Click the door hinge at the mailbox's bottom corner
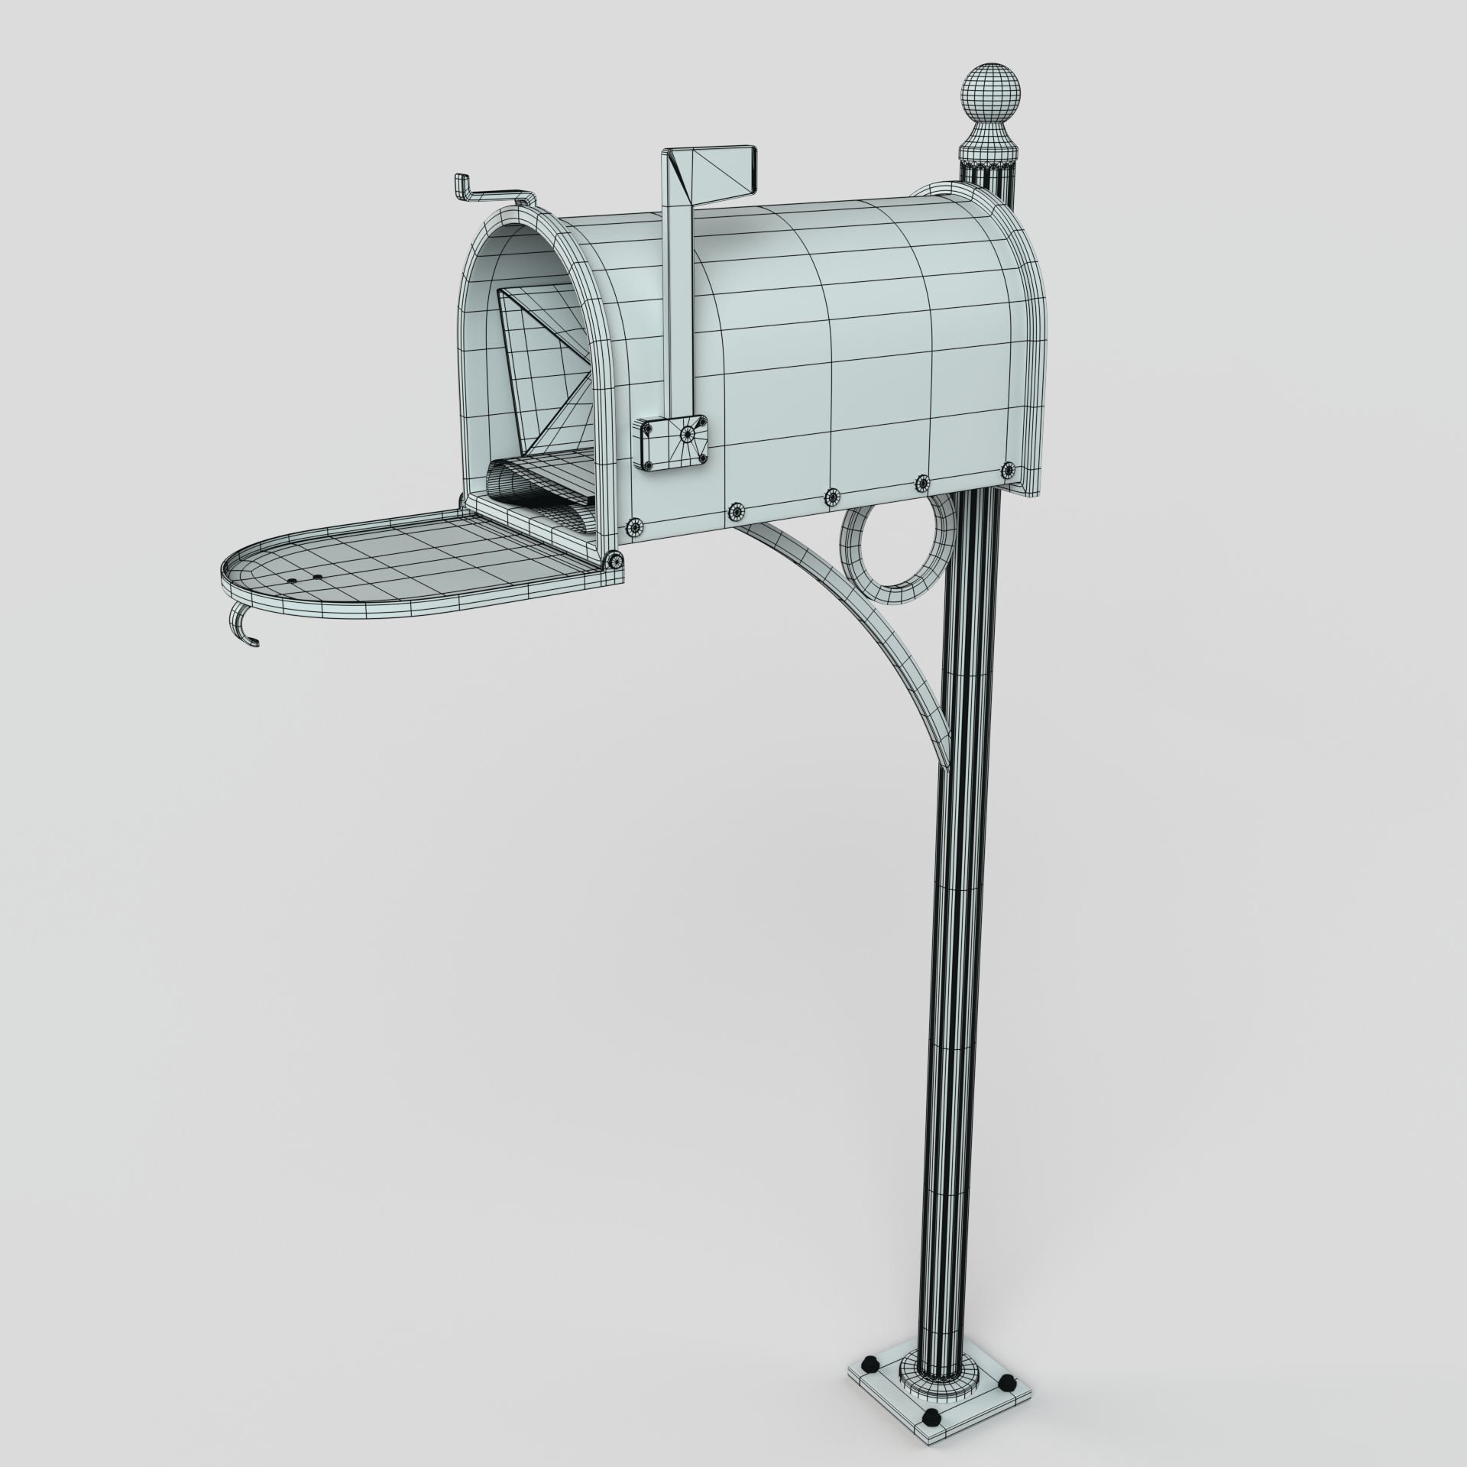click(x=614, y=562)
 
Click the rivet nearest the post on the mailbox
click(x=1008, y=468)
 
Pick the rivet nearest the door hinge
click(x=633, y=526)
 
